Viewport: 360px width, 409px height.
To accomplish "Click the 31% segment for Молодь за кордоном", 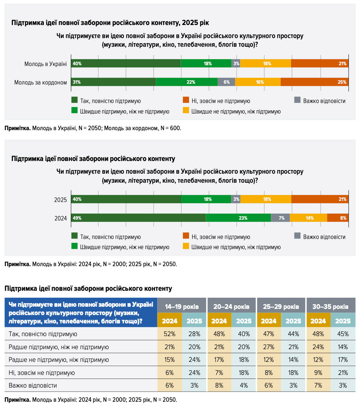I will tap(113, 82).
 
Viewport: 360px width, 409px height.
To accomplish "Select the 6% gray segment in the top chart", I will tap(226, 82).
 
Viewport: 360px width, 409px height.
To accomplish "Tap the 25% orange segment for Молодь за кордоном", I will tap(314, 82).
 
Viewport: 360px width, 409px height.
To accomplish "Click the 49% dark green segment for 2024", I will tap(138, 218).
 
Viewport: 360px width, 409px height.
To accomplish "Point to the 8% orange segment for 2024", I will tap(338, 218).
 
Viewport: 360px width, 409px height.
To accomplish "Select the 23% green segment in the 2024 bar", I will tap(238, 218).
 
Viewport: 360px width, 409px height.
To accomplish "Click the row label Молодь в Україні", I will tap(46, 64).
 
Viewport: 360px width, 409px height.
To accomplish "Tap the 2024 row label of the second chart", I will tap(60, 218).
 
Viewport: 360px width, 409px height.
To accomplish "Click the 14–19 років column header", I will tap(182, 306).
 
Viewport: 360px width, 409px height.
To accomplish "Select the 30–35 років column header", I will tap(331, 306).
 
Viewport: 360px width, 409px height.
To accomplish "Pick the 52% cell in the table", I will tap(169, 334).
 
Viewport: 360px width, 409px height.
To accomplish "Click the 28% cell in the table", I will tap(194, 334).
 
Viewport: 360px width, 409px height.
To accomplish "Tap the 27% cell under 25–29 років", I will tap(269, 347).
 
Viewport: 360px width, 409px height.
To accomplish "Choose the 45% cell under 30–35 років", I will tap(343, 334).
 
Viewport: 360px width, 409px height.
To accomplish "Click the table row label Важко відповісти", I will tap(33, 385).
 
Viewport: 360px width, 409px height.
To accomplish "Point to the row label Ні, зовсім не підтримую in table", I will tap(42, 373).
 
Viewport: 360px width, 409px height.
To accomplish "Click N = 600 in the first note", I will tap(171, 128).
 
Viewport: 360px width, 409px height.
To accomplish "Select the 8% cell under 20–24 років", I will tap(219, 385).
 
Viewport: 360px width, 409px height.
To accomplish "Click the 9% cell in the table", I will tap(318, 373).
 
